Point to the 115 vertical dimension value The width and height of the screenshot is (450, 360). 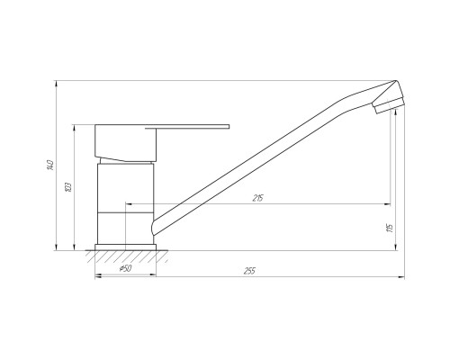389,227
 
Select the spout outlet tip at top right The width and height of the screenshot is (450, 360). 387,103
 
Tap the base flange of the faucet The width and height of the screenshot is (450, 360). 125,246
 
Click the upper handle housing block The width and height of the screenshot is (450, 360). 127,142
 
